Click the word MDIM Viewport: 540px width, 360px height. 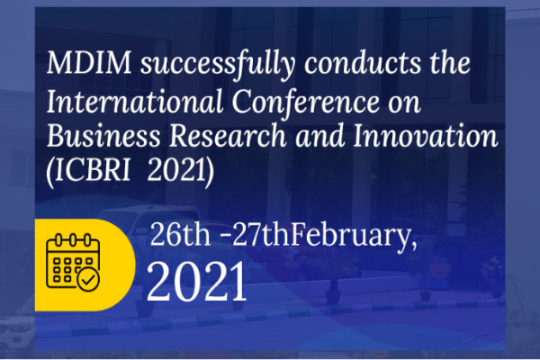point(89,63)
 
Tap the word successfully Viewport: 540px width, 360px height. point(218,65)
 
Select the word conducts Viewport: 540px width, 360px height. point(363,63)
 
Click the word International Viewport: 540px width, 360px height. point(135,102)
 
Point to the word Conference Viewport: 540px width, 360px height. point(305,102)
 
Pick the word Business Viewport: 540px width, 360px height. point(103,136)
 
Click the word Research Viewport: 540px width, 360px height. point(228,136)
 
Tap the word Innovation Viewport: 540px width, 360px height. point(426,136)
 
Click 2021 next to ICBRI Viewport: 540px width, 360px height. point(176,171)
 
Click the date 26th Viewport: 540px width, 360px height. point(180,234)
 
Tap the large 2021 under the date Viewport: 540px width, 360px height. point(197,282)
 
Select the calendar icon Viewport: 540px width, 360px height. point(73,263)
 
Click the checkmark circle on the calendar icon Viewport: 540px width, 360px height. point(88,280)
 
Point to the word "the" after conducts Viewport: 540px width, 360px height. point(450,63)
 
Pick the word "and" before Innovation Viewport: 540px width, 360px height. point(320,136)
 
